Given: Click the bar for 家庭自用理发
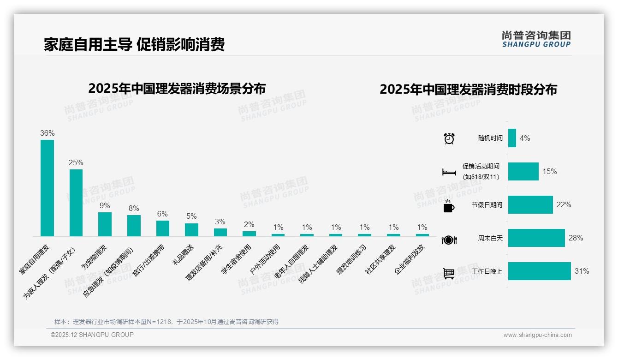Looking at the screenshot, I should tap(47, 188).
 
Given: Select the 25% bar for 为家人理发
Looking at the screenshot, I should tap(76, 203).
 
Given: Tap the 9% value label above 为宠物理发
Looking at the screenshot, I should tap(105, 205).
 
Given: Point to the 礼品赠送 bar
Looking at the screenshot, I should tap(191, 230).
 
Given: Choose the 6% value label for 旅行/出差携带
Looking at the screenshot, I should tap(162, 214).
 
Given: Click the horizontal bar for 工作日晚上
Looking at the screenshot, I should tap(539, 271).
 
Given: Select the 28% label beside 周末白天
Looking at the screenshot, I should tap(576, 238).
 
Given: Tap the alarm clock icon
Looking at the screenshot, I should tap(449, 138).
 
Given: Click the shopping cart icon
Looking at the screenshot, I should tap(449, 273).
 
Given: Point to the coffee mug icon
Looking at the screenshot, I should tap(449, 206).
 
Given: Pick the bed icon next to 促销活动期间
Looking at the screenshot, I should tap(449, 172).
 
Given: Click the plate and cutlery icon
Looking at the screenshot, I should tap(449, 240).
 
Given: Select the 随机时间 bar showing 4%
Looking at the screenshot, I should tap(512, 138).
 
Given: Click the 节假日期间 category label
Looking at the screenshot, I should tap(487, 205).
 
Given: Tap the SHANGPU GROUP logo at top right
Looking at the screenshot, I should tap(536, 39).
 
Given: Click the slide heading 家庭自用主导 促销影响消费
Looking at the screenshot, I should tap(134, 44).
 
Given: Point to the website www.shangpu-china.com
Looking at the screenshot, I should tap(537, 335).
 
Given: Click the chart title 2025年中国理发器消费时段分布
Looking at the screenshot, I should tap(468, 90).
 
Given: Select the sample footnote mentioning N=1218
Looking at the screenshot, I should tap(166, 322).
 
